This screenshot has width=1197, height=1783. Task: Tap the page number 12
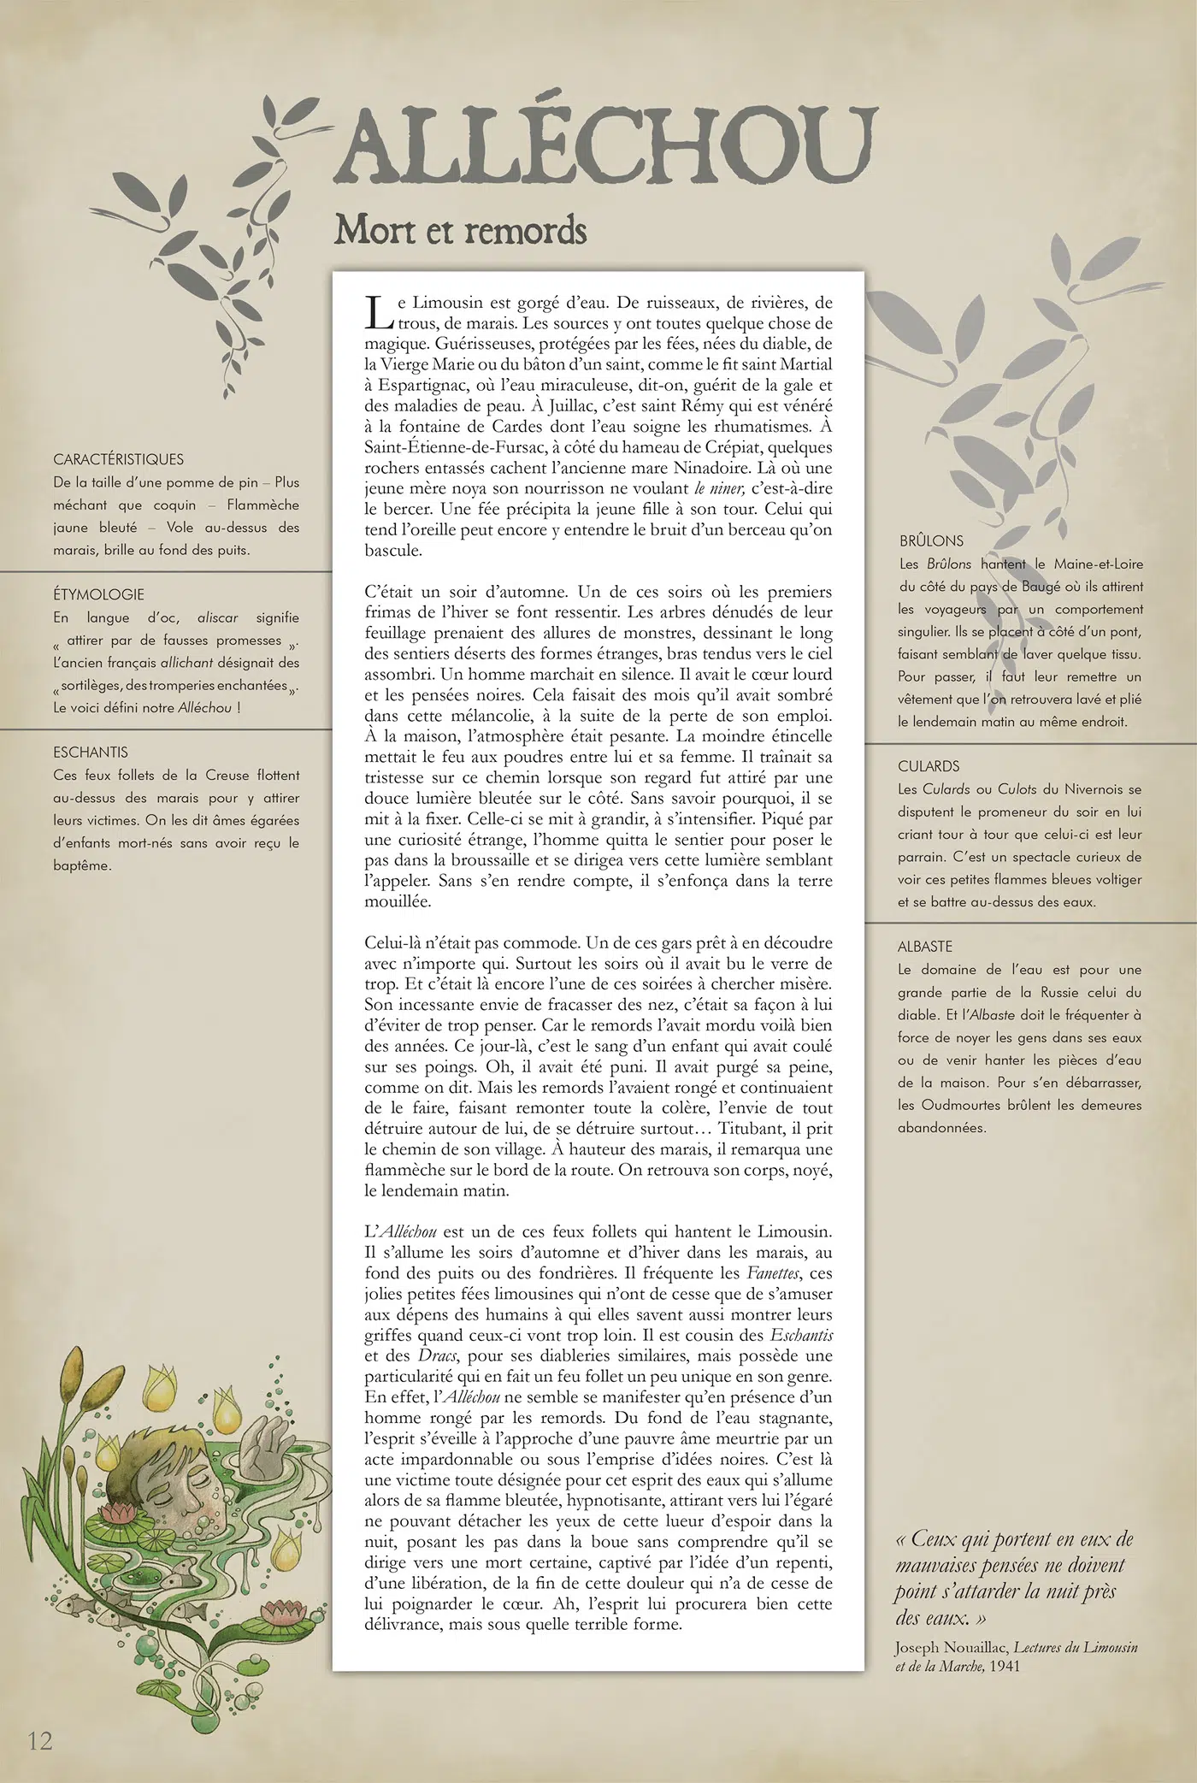click(40, 1740)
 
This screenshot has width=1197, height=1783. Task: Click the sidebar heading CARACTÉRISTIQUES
click(118, 459)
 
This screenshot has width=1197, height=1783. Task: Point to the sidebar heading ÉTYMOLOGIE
click(98, 594)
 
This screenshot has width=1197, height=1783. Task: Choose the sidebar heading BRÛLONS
click(931, 541)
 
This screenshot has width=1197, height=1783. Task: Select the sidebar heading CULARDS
click(929, 766)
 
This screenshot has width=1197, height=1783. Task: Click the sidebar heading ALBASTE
click(925, 947)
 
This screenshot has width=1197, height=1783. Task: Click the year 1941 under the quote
click(1004, 1666)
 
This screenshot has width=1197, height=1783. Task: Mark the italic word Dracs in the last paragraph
click(438, 1356)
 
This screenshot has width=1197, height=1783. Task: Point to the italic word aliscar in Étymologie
click(218, 617)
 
